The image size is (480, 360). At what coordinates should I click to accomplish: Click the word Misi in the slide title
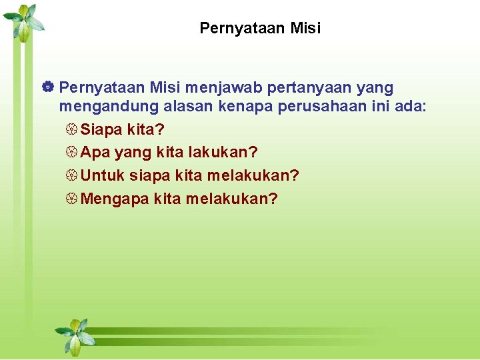306,28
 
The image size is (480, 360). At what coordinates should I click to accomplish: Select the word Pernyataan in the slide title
243,29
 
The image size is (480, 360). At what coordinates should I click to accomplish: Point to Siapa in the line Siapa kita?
101,130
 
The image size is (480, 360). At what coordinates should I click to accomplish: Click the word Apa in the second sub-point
95,153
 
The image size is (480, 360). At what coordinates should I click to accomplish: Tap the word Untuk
103,176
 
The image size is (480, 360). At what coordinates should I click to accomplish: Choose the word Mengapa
115,199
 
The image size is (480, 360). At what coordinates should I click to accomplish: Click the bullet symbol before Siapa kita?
72,130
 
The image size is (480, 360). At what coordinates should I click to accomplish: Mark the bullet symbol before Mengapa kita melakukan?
72,199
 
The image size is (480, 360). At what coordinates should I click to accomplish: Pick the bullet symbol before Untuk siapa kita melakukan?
72,176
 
